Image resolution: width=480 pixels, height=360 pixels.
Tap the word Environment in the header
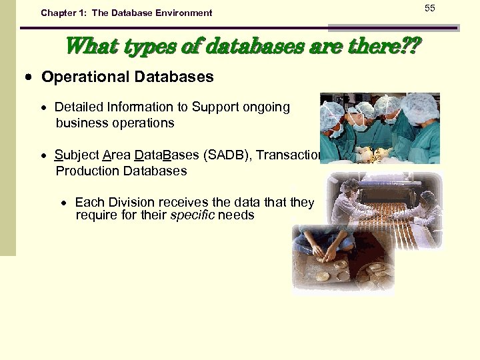point(180,13)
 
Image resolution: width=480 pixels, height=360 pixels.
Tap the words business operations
point(115,123)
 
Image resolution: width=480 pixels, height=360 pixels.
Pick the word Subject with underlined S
point(77,155)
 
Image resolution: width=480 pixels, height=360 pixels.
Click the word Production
point(85,171)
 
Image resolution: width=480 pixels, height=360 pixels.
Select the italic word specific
point(192,215)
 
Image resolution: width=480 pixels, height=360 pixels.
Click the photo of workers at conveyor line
point(387,210)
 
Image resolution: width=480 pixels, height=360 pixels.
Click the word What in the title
point(87,47)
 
